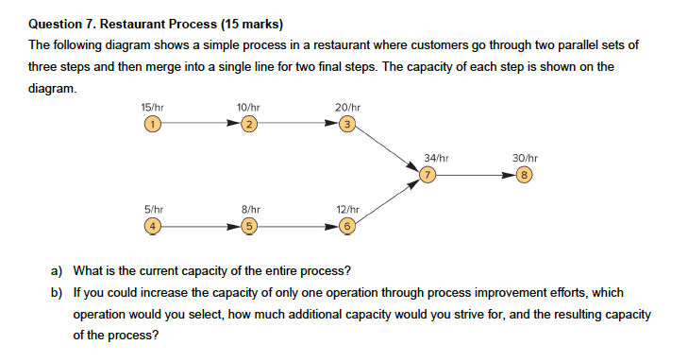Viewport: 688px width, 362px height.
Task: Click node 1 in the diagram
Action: click(150, 124)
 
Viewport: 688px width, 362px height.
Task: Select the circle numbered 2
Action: click(247, 124)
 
